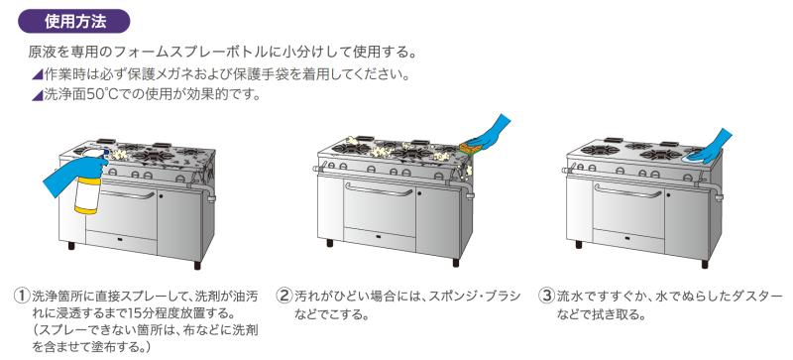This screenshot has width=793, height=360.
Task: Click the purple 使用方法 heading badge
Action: [74, 22]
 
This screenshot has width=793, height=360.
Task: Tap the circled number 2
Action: [284, 296]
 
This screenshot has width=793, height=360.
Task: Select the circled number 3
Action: [547, 296]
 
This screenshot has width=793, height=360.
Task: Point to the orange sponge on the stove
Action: [470, 149]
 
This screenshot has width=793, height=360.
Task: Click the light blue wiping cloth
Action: [696, 159]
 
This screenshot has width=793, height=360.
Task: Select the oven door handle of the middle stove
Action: [380, 190]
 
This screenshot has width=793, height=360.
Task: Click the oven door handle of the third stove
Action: [627, 190]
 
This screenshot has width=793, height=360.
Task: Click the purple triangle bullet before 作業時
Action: [37, 75]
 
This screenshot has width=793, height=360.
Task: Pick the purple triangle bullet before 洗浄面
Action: [37, 95]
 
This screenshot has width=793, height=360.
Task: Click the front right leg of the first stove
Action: [197, 265]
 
